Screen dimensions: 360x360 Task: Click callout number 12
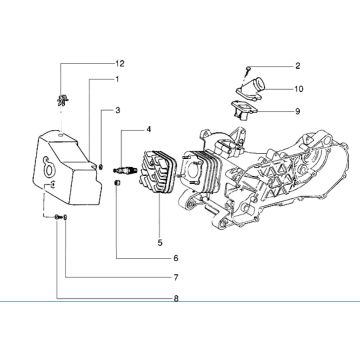coord(118,63)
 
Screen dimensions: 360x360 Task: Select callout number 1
coord(117,79)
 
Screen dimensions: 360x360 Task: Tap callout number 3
coord(117,109)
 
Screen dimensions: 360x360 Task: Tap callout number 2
coord(269,66)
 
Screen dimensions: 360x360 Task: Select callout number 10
coord(270,88)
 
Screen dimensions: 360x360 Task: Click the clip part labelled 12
coord(63,98)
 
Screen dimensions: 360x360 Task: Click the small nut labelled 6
coord(116,184)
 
